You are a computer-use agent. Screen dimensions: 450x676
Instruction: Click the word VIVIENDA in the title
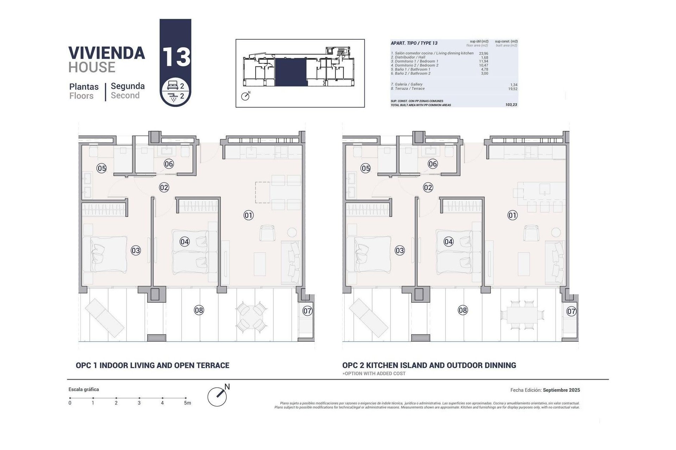(x=107, y=53)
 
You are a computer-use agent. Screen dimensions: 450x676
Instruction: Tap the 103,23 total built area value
(x=511, y=105)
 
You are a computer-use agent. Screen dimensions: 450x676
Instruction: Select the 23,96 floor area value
(x=483, y=53)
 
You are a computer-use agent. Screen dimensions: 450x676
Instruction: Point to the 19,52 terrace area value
(x=512, y=89)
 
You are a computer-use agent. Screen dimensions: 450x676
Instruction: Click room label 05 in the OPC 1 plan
(x=102, y=168)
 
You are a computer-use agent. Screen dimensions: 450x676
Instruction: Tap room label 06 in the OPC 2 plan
(x=433, y=164)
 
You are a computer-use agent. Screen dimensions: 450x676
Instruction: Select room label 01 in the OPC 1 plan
(x=249, y=215)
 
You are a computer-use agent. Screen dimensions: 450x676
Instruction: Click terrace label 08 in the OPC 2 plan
(x=463, y=310)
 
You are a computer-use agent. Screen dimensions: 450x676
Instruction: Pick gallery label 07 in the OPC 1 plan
(x=307, y=311)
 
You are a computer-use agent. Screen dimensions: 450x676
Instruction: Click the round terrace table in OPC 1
(x=250, y=315)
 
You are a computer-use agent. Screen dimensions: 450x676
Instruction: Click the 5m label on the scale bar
(x=187, y=403)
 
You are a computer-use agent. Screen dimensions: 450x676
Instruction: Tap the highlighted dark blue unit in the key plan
(x=291, y=72)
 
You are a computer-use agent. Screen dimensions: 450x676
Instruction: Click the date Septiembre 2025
(x=561, y=390)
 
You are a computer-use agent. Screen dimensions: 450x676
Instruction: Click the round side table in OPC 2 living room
(x=556, y=232)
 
